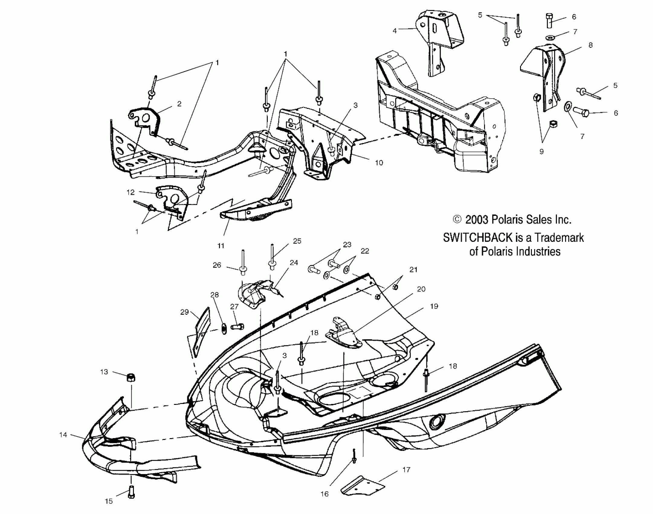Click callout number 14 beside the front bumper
pos(63,435)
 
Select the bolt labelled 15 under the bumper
pos(131,492)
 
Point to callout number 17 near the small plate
pos(406,470)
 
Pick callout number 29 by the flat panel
pos(184,312)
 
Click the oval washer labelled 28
pos(224,329)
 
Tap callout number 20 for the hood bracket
pos(421,289)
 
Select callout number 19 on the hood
pos(434,306)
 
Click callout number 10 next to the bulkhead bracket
pos(379,163)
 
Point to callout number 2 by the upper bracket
pos(179,104)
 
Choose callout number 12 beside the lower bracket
pos(131,192)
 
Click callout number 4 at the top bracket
pos(394,31)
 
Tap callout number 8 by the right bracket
pos(590,45)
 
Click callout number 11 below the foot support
pos(221,246)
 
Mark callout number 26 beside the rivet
pos(217,265)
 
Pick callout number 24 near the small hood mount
pos(294,262)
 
